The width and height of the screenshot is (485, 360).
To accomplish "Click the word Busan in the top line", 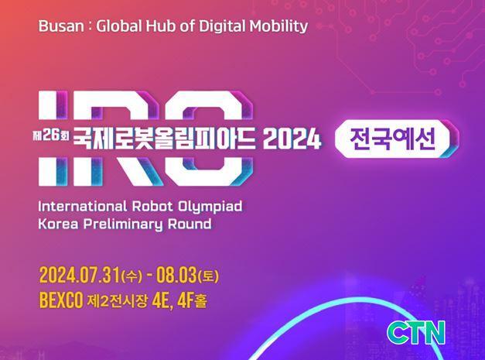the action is click(x=61, y=26).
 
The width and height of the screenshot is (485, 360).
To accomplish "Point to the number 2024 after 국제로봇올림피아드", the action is click(x=292, y=139).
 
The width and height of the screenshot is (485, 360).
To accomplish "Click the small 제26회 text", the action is click(x=51, y=135).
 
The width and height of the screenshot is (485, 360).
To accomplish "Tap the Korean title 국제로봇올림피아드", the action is click(x=165, y=139).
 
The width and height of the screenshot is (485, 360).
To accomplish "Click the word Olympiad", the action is click(x=210, y=207).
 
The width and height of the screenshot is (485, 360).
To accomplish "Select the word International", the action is click(x=83, y=207).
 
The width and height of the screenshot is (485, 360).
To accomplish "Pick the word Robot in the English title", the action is click(x=152, y=207).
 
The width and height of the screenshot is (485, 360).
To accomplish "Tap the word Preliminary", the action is click(x=123, y=225).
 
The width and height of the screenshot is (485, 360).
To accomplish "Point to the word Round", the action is click(x=190, y=224).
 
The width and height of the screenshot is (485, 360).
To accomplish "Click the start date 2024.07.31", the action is click(x=80, y=275).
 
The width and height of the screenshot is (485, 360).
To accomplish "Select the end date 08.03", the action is click(x=176, y=275).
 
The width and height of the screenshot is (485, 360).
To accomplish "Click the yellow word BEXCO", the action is click(x=61, y=300).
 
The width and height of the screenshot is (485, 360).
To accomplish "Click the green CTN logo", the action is click(x=416, y=332).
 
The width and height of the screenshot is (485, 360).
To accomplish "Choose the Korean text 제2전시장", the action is click(x=118, y=301).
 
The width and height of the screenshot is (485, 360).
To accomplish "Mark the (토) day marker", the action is click(x=208, y=276).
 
